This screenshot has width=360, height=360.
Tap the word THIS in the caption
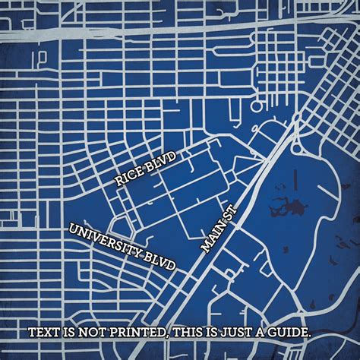tap(190, 333)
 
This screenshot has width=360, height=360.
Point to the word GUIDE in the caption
tap(290, 333)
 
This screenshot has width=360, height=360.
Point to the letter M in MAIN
tap(205, 248)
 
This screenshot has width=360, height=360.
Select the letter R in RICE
tap(118, 182)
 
